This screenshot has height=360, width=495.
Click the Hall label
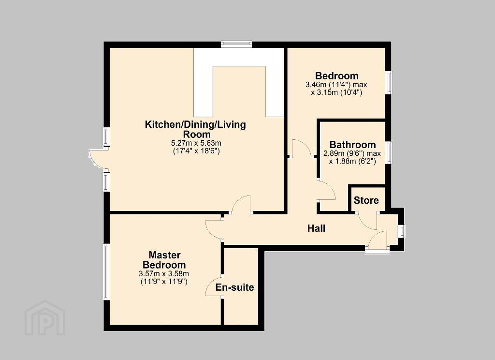click(x=316, y=228)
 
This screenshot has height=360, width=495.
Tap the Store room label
click(x=366, y=200)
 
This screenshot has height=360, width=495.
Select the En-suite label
click(x=235, y=287)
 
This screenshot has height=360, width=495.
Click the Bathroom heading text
click(x=352, y=145)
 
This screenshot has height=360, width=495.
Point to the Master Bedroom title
click(x=164, y=260)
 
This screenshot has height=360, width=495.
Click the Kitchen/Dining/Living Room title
click(x=195, y=129)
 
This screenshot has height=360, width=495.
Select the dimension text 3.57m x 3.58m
click(x=164, y=274)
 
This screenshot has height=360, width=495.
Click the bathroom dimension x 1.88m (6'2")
click(x=352, y=162)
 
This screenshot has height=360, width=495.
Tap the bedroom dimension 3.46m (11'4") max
click(x=336, y=85)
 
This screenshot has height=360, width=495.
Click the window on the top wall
click(x=236, y=44)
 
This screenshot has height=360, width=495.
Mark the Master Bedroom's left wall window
click(x=106, y=272)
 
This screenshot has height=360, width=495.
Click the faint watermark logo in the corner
click(x=45, y=318)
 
